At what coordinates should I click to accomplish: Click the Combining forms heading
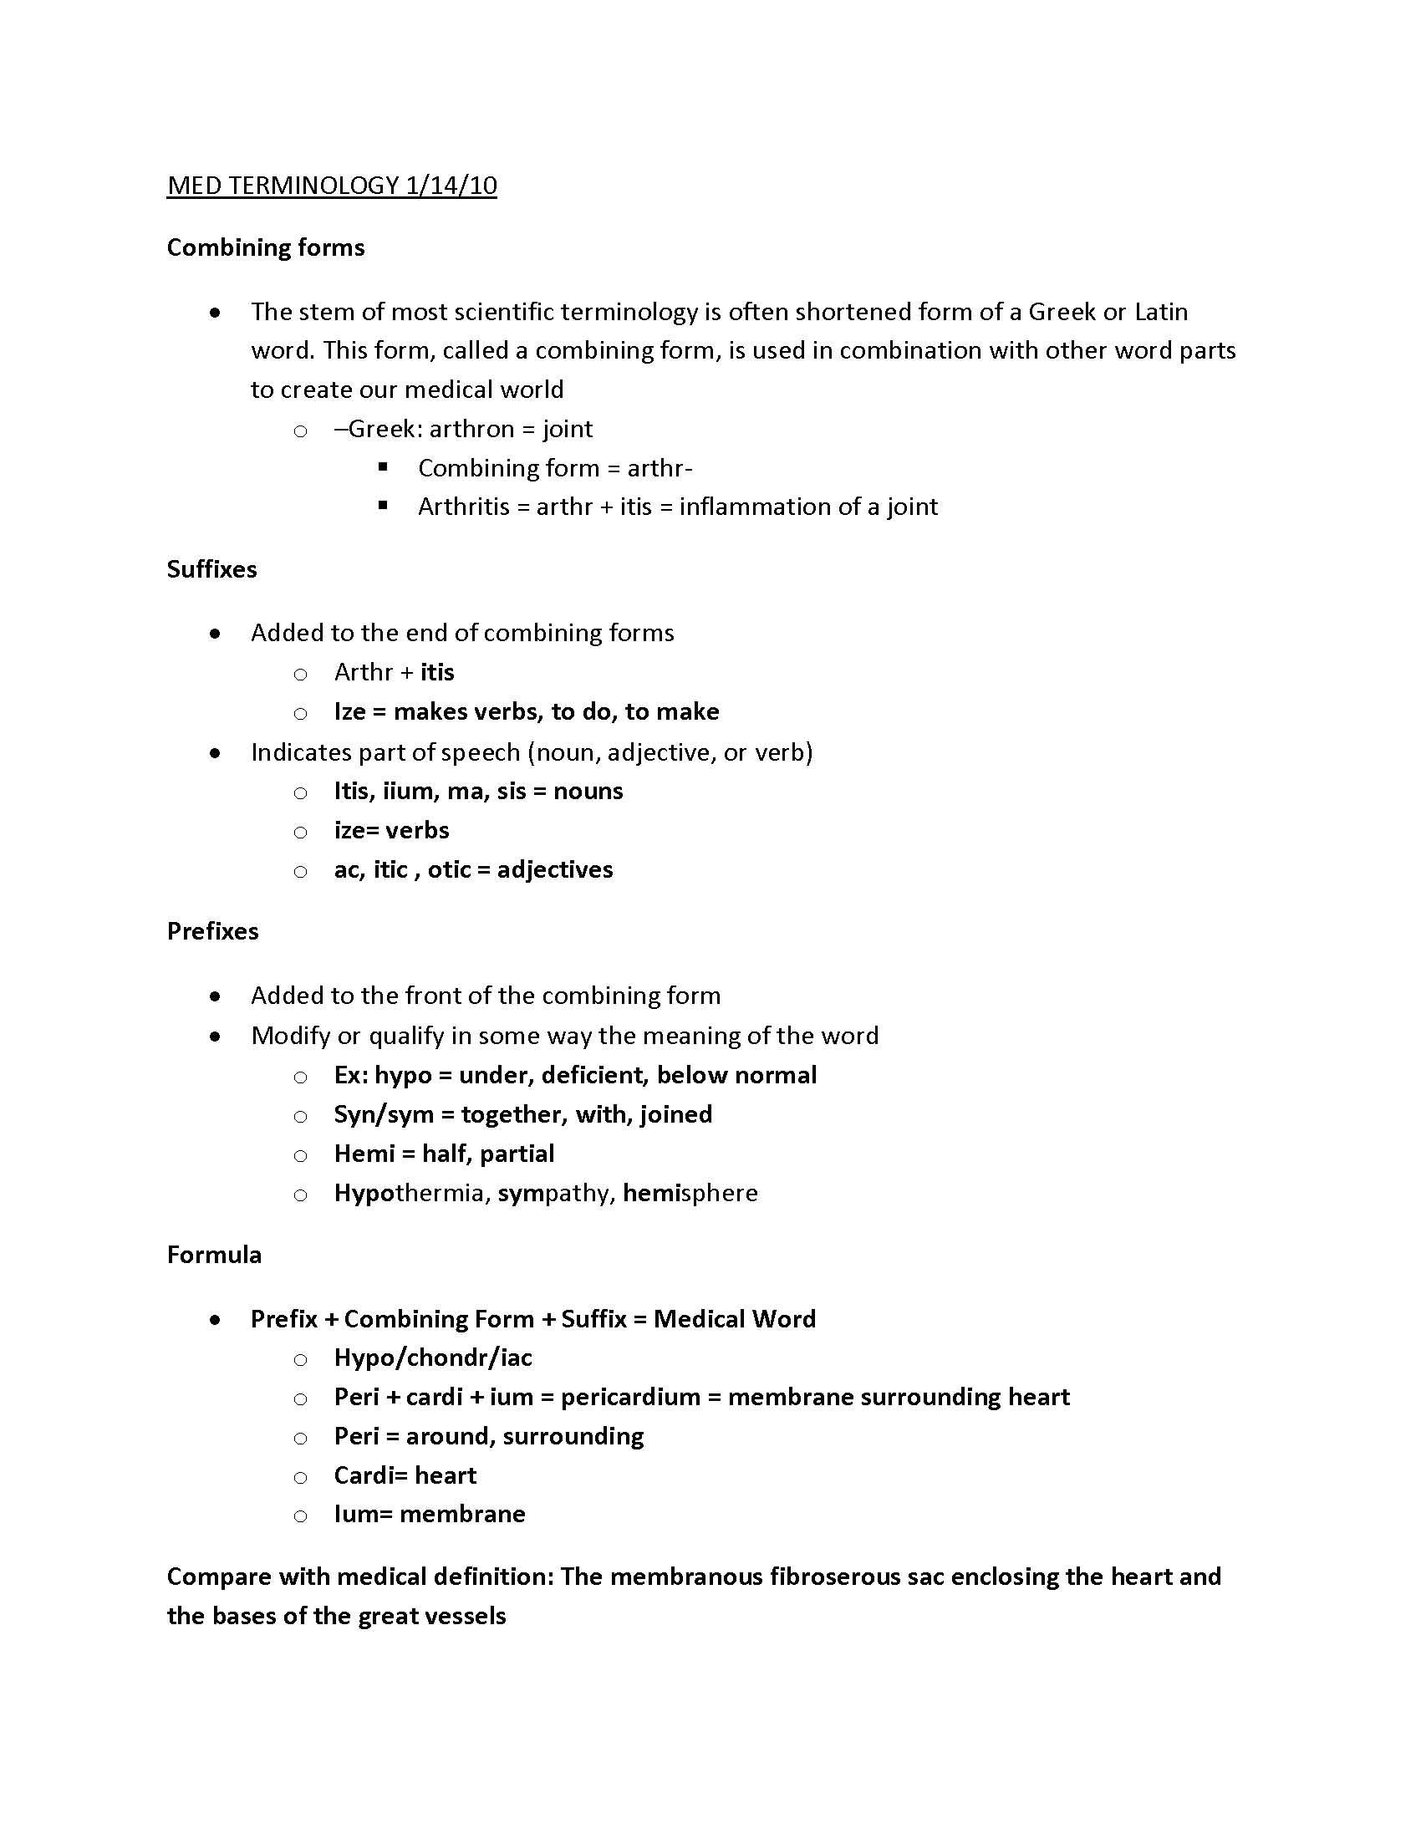point(265,247)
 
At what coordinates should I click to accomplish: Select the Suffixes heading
point(211,569)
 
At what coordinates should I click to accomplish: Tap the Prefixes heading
point(212,931)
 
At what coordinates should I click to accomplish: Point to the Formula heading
point(214,1255)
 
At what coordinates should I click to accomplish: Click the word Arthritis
point(463,507)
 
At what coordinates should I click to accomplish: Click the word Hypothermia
point(407,1193)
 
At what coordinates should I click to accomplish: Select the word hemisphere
point(690,1193)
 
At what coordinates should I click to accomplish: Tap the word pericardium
point(630,1397)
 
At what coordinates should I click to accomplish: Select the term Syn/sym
point(383,1115)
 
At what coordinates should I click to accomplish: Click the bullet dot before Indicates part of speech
point(216,753)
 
